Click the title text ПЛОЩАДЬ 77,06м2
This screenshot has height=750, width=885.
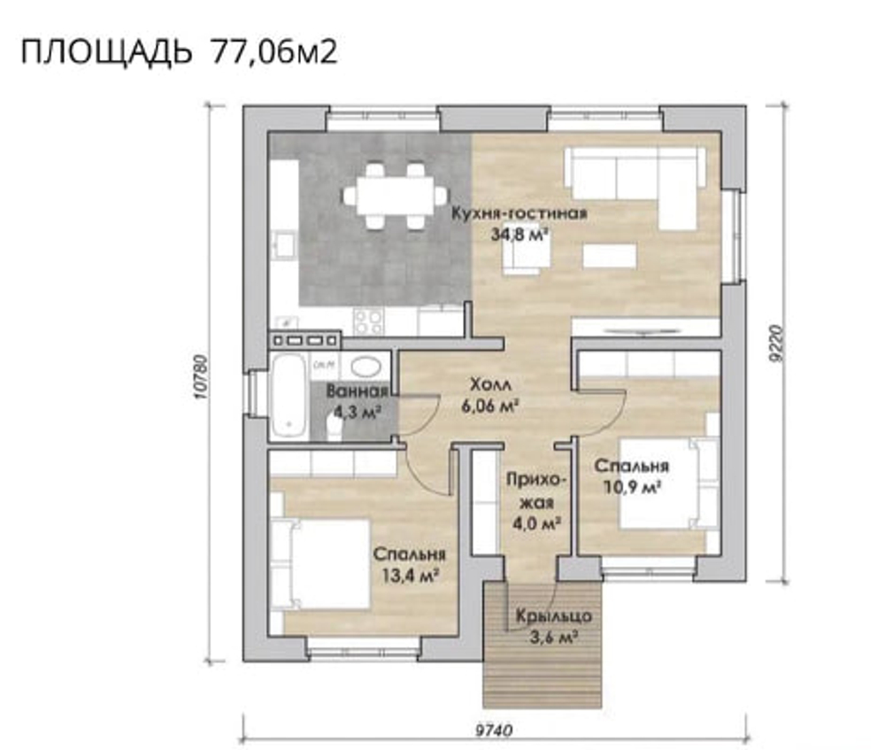click(x=180, y=52)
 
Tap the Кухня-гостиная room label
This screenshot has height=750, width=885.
click(x=519, y=213)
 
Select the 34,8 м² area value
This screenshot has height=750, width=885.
click(x=520, y=234)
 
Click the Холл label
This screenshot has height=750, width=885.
click(x=490, y=385)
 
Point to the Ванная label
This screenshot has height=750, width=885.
click(x=358, y=390)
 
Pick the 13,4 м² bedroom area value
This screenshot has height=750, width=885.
click(x=411, y=576)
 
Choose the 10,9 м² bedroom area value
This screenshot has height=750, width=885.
click(x=633, y=486)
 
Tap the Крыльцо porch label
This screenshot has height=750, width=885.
click(x=554, y=616)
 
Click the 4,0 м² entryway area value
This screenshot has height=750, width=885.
click(x=536, y=523)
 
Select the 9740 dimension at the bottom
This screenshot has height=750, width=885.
click(x=494, y=731)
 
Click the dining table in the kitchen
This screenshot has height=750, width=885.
click(x=395, y=196)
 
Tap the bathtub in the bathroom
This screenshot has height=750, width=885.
click(x=289, y=395)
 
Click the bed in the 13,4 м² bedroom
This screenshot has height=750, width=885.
click(x=320, y=564)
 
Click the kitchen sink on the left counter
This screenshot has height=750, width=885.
click(x=283, y=244)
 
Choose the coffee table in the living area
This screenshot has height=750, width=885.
click(x=610, y=255)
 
